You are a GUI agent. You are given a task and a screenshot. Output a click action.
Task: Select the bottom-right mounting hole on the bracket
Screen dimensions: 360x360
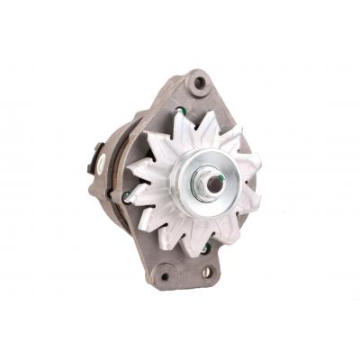tap(209, 270)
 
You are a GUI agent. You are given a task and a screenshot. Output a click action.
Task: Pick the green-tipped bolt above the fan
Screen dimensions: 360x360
tap(183, 112)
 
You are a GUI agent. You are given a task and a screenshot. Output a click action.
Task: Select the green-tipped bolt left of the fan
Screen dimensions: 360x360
tap(126, 193)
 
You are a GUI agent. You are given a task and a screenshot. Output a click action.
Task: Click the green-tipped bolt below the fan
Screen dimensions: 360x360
tap(206, 247)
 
